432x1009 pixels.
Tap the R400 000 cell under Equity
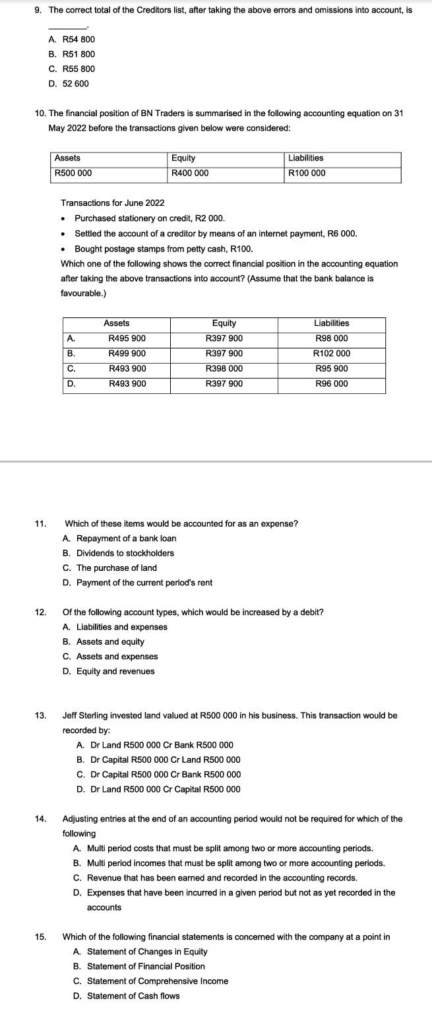point(190,174)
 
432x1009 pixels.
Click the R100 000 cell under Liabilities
point(307,174)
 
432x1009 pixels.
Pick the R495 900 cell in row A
point(127,339)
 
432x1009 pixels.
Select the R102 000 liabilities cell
point(331,354)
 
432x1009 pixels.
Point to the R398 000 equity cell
point(224,369)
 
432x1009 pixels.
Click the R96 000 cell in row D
point(331,384)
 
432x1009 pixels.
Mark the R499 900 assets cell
point(127,354)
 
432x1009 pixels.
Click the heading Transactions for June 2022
point(112,203)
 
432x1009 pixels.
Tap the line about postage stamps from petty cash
point(163,249)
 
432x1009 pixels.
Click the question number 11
point(40,524)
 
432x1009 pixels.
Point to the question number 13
point(40,715)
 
